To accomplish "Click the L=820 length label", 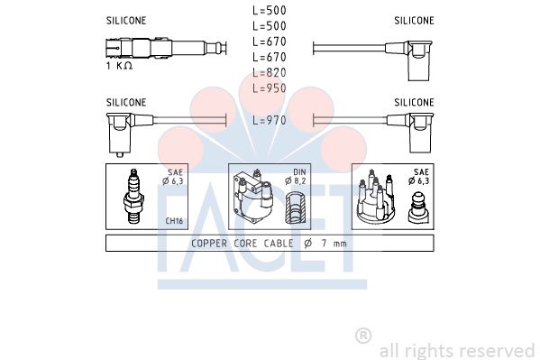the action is click(270, 73).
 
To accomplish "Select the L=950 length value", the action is click(270, 88).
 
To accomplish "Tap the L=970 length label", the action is click(270, 120).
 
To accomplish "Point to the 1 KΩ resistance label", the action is click(119, 66).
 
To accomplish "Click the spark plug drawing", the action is click(133, 196).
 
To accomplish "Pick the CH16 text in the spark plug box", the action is click(174, 221).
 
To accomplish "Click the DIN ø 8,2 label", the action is click(296, 177).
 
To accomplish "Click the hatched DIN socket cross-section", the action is click(296, 208).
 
